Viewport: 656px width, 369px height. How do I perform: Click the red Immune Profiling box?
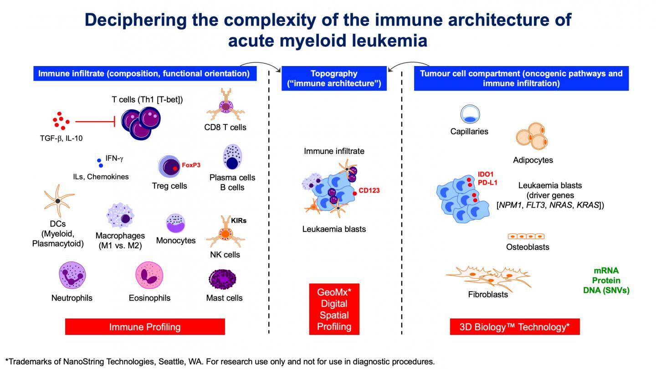[145, 327]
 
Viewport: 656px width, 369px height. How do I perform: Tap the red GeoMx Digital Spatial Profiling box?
[334, 309]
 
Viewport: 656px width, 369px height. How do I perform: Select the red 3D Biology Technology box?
[514, 327]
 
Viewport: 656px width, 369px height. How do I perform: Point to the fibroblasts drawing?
[487, 277]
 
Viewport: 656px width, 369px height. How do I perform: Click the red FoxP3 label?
[191, 165]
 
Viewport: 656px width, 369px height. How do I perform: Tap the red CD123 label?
[369, 190]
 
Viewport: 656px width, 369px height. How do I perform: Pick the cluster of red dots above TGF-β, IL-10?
[61, 120]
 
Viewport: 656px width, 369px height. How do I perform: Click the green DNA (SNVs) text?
[607, 290]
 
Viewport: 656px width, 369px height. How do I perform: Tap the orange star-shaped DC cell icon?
[58, 201]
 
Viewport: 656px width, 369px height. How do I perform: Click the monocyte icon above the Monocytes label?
[175, 223]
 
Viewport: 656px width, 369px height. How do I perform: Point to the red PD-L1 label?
[487, 183]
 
